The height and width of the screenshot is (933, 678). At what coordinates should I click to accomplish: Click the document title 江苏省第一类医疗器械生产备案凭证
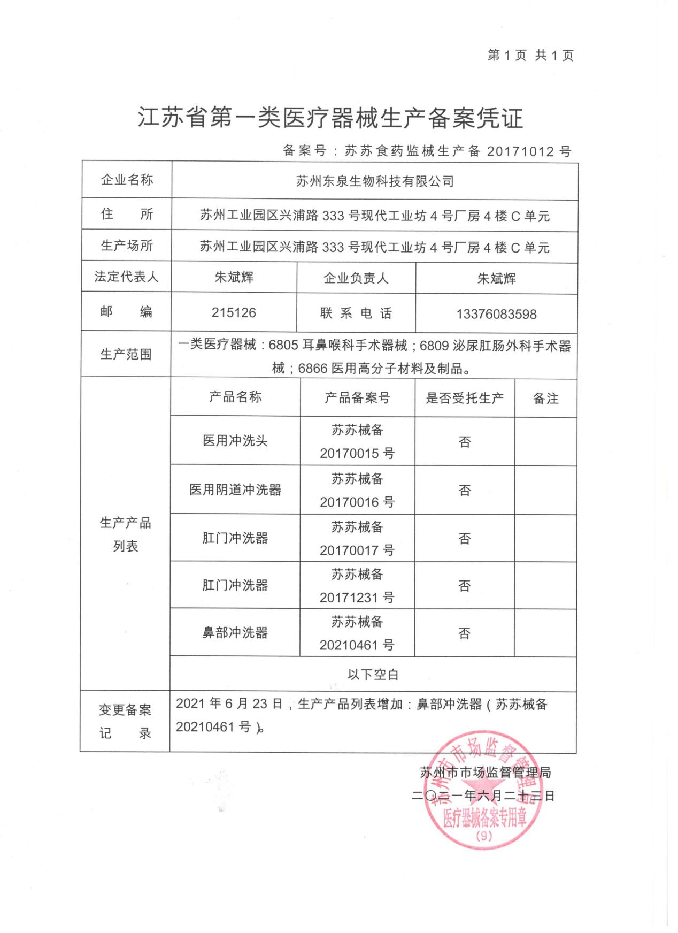[x=330, y=118]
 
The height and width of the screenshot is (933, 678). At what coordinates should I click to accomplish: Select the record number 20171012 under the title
[x=520, y=151]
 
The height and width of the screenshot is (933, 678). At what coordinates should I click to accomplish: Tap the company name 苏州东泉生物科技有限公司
[x=375, y=181]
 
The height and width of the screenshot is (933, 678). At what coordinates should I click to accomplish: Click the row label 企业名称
[x=127, y=180]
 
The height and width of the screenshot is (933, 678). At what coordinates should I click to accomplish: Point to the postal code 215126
[x=234, y=312]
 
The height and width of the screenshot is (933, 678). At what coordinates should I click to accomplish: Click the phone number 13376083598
[x=496, y=314]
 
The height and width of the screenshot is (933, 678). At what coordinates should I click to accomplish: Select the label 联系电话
[x=356, y=313]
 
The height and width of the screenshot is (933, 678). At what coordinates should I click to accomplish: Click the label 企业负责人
[x=356, y=278]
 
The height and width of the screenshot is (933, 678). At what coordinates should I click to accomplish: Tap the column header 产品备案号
[x=357, y=398]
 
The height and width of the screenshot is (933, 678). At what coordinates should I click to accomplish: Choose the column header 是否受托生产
[x=464, y=398]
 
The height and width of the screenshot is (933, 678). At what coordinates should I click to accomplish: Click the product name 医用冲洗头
[x=235, y=441]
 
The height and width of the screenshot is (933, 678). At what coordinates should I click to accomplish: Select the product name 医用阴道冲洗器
[x=235, y=490]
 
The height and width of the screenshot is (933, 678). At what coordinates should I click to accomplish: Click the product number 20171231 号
[x=357, y=598]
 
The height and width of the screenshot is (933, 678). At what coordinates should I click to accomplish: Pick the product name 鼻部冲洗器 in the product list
[x=235, y=633]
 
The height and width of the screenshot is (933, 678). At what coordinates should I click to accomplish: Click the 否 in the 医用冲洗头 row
[x=464, y=442]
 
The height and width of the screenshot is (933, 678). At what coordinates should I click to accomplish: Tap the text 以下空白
[x=373, y=675]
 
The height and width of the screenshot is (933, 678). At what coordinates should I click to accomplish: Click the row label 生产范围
[x=126, y=354]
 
